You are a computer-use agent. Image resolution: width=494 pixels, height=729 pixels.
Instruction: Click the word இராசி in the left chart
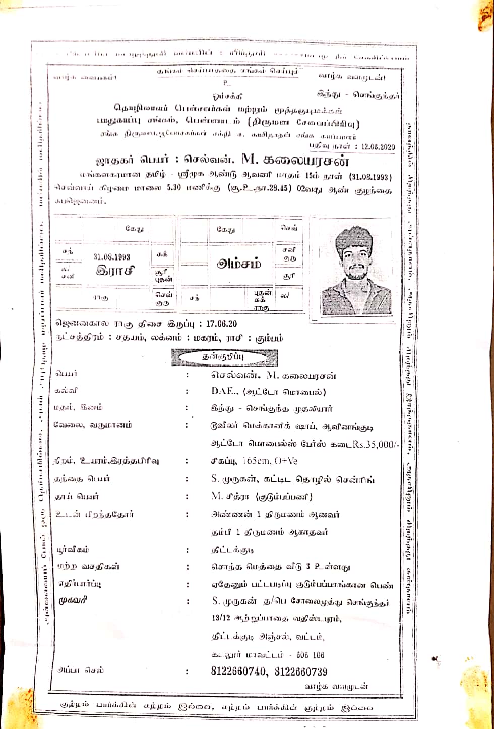[x=115, y=270]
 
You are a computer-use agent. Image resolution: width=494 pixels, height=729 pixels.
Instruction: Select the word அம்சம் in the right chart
[x=239, y=263]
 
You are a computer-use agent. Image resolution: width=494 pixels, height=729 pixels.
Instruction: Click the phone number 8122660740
[x=240, y=672]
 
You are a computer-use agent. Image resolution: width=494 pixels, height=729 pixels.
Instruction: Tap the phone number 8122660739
[x=301, y=672]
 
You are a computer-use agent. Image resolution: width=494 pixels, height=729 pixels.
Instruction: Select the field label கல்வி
[x=67, y=391]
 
